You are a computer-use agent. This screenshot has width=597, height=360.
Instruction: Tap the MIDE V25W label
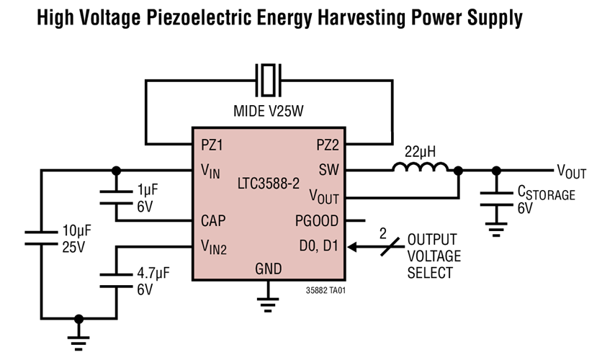[269, 112]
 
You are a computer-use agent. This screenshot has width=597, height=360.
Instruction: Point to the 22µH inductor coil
[421, 168]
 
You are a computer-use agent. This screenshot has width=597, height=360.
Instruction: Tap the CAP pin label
[214, 221]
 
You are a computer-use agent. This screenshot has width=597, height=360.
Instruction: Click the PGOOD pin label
[318, 221]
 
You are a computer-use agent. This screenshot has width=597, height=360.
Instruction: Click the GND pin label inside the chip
[269, 270]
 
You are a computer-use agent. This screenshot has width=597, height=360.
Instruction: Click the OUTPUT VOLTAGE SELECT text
[434, 256]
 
